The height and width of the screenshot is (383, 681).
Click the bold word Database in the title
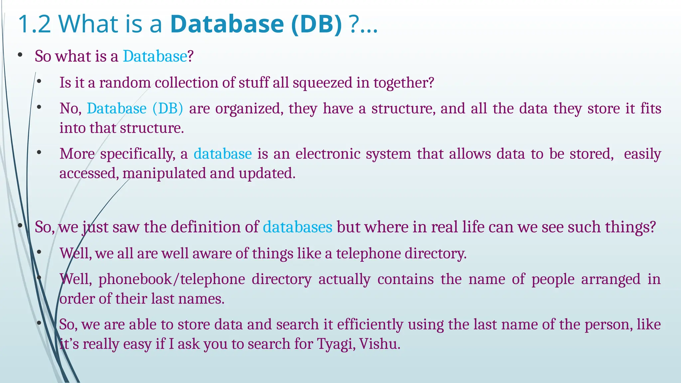[227, 24]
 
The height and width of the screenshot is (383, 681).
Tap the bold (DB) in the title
[316, 24]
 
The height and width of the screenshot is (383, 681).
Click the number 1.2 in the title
[34, 24]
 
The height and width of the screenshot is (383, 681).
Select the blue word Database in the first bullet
[155, 56]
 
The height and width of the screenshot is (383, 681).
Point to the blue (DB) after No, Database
[168, 109]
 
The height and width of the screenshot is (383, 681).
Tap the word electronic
[328, 154]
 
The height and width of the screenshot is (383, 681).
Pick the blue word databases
[298, 227]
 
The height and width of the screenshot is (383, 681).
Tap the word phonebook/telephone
[172, 279]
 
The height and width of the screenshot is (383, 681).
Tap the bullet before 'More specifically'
[39, 153]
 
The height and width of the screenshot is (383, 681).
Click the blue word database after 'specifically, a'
[222, 154]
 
